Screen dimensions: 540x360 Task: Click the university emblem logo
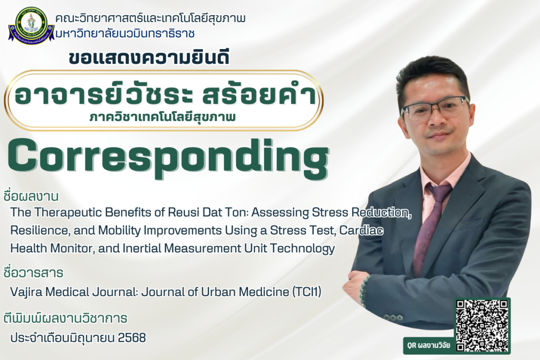click(31, 25)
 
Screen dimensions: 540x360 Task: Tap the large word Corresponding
click(168, 158)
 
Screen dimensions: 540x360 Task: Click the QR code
click(482, 326)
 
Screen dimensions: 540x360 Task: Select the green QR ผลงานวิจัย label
click(428, 345)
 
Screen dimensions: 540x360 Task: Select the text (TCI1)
click(306, 292)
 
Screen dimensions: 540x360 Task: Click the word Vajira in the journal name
click(26, 292)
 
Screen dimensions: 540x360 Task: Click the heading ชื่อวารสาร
click(33, 272)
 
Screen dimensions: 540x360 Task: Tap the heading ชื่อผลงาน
click(30, 196)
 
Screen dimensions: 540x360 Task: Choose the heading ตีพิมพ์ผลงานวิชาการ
click(65, 317)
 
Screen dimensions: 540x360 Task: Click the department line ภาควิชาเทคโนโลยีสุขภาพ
click(162, 118)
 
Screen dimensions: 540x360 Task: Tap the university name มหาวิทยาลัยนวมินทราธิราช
click(125, 34)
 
